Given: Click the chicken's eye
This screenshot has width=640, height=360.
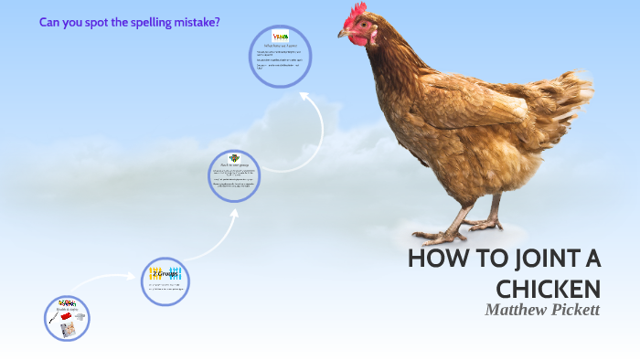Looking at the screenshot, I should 357,26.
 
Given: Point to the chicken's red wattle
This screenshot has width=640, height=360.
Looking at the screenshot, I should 360,41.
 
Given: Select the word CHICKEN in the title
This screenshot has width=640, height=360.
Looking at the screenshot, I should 548,290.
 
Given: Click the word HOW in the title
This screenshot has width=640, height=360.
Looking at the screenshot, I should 434,259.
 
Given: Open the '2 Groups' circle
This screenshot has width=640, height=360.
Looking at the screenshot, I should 165,279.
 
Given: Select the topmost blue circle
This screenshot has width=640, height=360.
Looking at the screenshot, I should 281,56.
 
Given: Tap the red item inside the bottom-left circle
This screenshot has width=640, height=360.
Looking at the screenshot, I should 66,315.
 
